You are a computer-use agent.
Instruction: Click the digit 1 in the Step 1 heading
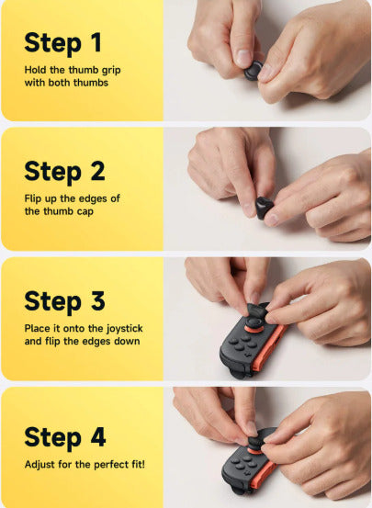tap(96, 42)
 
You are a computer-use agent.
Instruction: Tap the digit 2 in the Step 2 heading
tap(97, 171)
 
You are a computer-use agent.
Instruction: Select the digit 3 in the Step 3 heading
tap(98, 300)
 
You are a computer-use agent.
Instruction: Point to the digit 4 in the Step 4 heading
tap(98, 436)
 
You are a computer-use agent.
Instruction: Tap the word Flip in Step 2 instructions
tap(34, 198)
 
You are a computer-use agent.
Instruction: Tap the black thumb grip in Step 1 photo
tap(254, 71)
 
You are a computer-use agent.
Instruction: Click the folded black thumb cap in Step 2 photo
tap(264, 207)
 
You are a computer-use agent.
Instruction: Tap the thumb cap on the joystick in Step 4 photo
tap(255, 442)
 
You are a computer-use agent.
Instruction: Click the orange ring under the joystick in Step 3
tap(254, 329)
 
